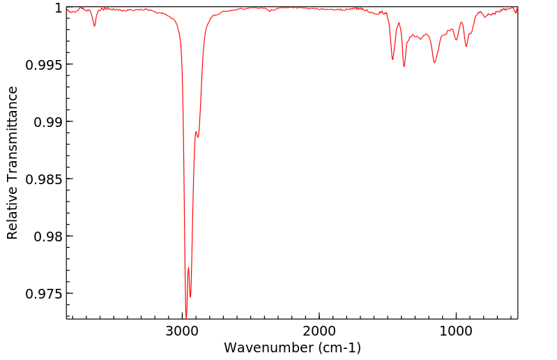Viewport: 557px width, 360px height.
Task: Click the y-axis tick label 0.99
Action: click(x=49, y=122)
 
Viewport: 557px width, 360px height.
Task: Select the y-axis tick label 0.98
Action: click(x=49, y=237)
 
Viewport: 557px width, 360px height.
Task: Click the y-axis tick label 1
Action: click(x=59, y=8)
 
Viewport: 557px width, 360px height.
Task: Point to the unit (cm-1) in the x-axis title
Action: click(x=338, y=347)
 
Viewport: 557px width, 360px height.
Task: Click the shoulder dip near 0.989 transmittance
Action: click(x=198, y=137)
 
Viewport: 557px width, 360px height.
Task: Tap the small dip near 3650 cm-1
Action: click(x=94, y=26)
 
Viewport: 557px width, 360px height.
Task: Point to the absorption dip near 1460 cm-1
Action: click(x=392, y=59)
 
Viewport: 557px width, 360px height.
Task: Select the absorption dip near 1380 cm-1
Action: click(x=404, y=66)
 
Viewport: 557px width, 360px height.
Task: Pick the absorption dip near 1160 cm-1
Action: click(x=434, y=63)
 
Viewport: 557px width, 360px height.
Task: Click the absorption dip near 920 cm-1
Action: click(x=466, y=46)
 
